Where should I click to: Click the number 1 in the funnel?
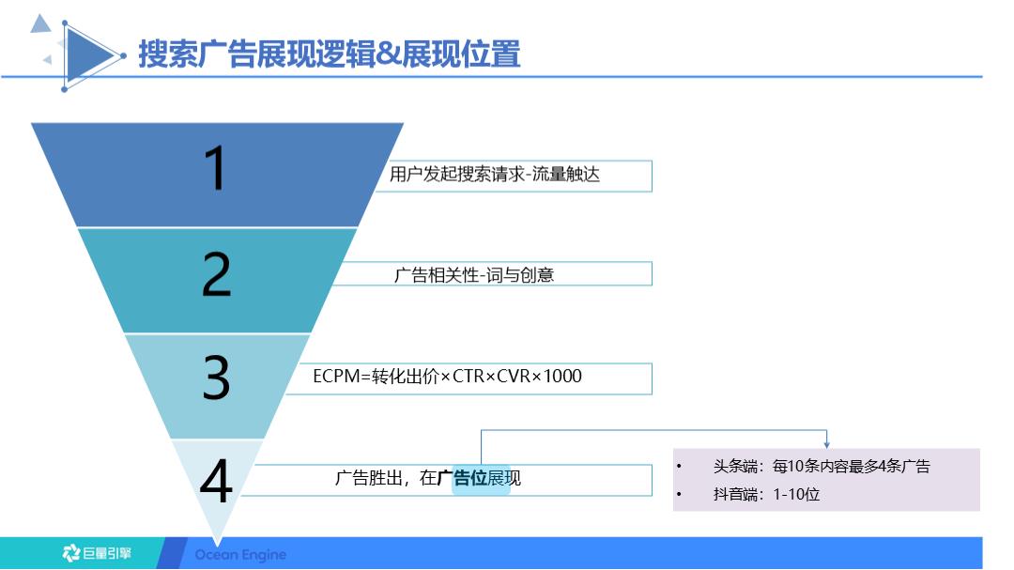coord(217,170)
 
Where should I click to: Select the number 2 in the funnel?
coord(217,275)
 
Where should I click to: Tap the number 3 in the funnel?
coord(217,378)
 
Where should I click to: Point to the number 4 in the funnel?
coord(217,483)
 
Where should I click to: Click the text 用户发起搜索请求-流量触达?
coord(494,175)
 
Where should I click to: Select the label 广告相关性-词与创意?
coord(473,275)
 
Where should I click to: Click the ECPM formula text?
coord(447,377)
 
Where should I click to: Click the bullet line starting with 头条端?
coord(821,466)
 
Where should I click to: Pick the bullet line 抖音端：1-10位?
coord(766,494)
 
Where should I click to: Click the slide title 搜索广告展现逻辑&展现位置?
coord(329,54)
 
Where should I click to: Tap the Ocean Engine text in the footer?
coord(240,554)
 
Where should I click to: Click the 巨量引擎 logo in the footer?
coord(98,553)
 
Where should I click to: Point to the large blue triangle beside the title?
coord(89,55)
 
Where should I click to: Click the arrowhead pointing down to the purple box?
coord(826,443)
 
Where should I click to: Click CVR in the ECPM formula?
coord(515,377)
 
